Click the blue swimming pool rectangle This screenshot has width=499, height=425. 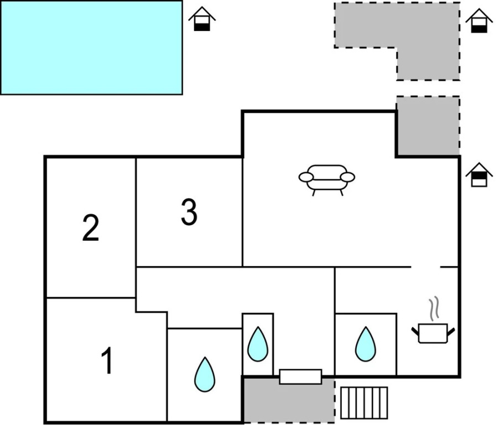pyautogui.click(x=91, y=48)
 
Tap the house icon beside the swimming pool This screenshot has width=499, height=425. pyautogui.click(x=202, y=19)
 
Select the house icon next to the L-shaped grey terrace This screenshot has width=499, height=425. pyautogui.click(x=479, y=20)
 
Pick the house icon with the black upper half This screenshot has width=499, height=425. pyautogui.click(x=479, y=175)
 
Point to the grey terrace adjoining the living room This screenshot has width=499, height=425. pyautogui.click(x=428, y=126)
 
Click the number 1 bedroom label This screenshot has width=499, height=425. pyautogui.click(x=107, y=360)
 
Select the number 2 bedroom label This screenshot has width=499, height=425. pyautogui.click(x=91, y=227)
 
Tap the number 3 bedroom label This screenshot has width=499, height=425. pyautogui.click(x=189, y=212)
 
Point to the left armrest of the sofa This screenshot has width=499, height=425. pyautogui.click(x=306, y=177)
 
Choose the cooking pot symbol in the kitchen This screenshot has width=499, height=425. pyautogui.click(x=433, y=333)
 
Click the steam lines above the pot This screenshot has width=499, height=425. pyautogui.click(x=434, y=308)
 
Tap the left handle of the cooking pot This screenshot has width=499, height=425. pyautogui.click(x=415, y=331)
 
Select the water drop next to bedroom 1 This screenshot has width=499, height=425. pyautogui.click(x=205, y=375)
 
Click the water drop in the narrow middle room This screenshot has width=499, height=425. pyautogui.click(x=258, y=344)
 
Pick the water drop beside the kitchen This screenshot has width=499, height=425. pyautogui.click(x=366, y=344)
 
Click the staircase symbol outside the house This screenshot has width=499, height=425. pyautogui.click(x=365, y=403)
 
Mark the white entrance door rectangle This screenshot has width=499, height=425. pyautogui.click(x=301, y=377)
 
